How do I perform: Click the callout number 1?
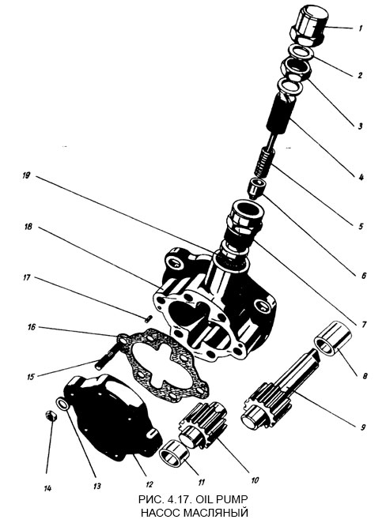coord(360,28)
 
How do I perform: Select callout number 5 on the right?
coord(360,226)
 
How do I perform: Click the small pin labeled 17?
coord(149,316)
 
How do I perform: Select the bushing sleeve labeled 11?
coord(172,457)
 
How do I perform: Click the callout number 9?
coord(360,427)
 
